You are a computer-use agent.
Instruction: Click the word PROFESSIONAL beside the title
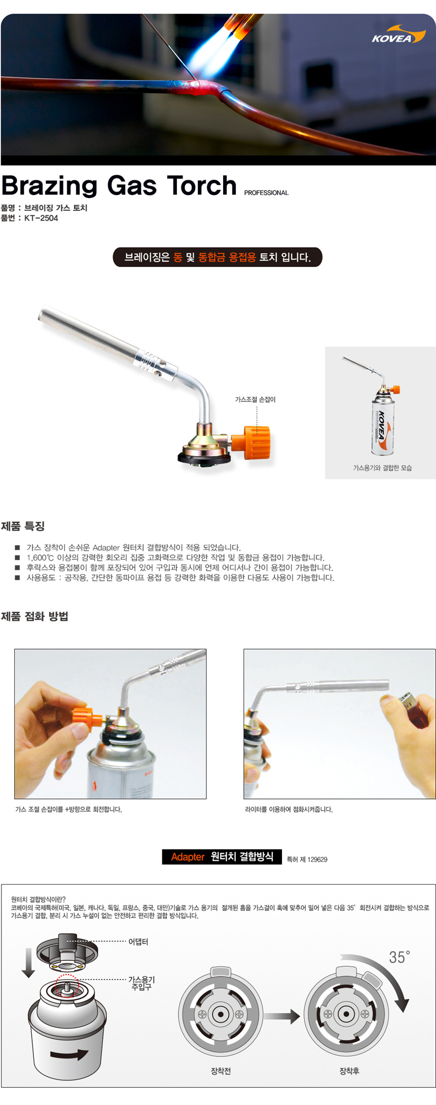(266, 193)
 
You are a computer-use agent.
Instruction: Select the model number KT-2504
(41, 218)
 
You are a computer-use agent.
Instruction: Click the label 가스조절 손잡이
(256, 399)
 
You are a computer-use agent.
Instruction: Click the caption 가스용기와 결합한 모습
(382, 468)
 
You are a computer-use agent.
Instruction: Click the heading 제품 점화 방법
(34, 616)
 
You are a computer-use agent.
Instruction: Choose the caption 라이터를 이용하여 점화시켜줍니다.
(289, 809)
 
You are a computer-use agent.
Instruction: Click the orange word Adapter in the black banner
(188, 857)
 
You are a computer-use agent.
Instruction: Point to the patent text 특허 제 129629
(307, 859)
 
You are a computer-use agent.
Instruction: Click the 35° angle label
(399, 957)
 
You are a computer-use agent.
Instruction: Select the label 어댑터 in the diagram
(138, 941)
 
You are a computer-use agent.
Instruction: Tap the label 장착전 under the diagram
(221, 1071)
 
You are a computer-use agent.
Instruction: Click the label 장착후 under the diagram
(349, 1071)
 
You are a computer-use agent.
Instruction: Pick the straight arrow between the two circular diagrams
(282, 1016)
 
